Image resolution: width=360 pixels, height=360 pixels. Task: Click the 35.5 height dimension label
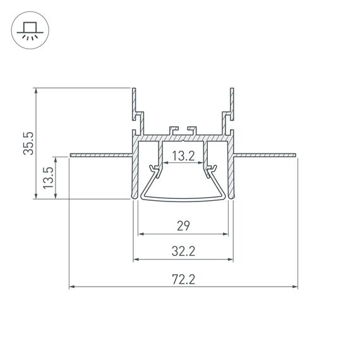(x=28, y=143)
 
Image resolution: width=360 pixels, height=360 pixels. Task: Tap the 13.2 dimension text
(x=183, y=156)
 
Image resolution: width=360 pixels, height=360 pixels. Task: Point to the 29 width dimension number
(x=183, y=225)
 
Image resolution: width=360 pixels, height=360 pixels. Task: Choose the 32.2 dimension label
(x=183, y=251)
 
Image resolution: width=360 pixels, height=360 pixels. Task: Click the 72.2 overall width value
(x=183, y=279)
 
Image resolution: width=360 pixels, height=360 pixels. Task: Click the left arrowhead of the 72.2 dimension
(x=72, y=287)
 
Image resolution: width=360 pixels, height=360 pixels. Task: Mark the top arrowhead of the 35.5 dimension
(x=37, y=91)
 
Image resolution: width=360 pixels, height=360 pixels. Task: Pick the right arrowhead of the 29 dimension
(x=225, y=234)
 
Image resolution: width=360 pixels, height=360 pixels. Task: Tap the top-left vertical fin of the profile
(x=134, y=101)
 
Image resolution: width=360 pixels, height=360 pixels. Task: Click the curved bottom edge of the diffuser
(x=183, y=201)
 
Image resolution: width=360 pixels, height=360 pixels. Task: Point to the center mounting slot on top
(x=183, y=131)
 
